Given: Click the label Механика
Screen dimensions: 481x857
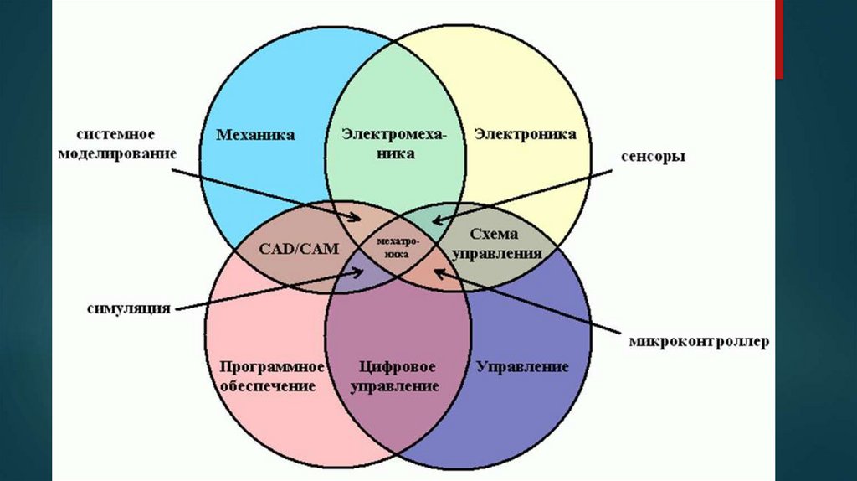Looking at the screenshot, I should [x=255, y=135].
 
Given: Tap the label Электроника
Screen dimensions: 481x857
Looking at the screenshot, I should [x=525, y=134].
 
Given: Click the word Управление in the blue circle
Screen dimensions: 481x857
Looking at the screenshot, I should [x=522, y=366].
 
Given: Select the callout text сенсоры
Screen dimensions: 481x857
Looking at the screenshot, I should [x=653, y=157].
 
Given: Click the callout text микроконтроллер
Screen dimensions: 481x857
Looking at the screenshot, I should [x=699, y=342].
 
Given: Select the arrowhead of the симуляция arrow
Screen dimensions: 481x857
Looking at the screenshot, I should [x=362, y=270].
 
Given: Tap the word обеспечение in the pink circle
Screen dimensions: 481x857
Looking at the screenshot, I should [x=269, y=386].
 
